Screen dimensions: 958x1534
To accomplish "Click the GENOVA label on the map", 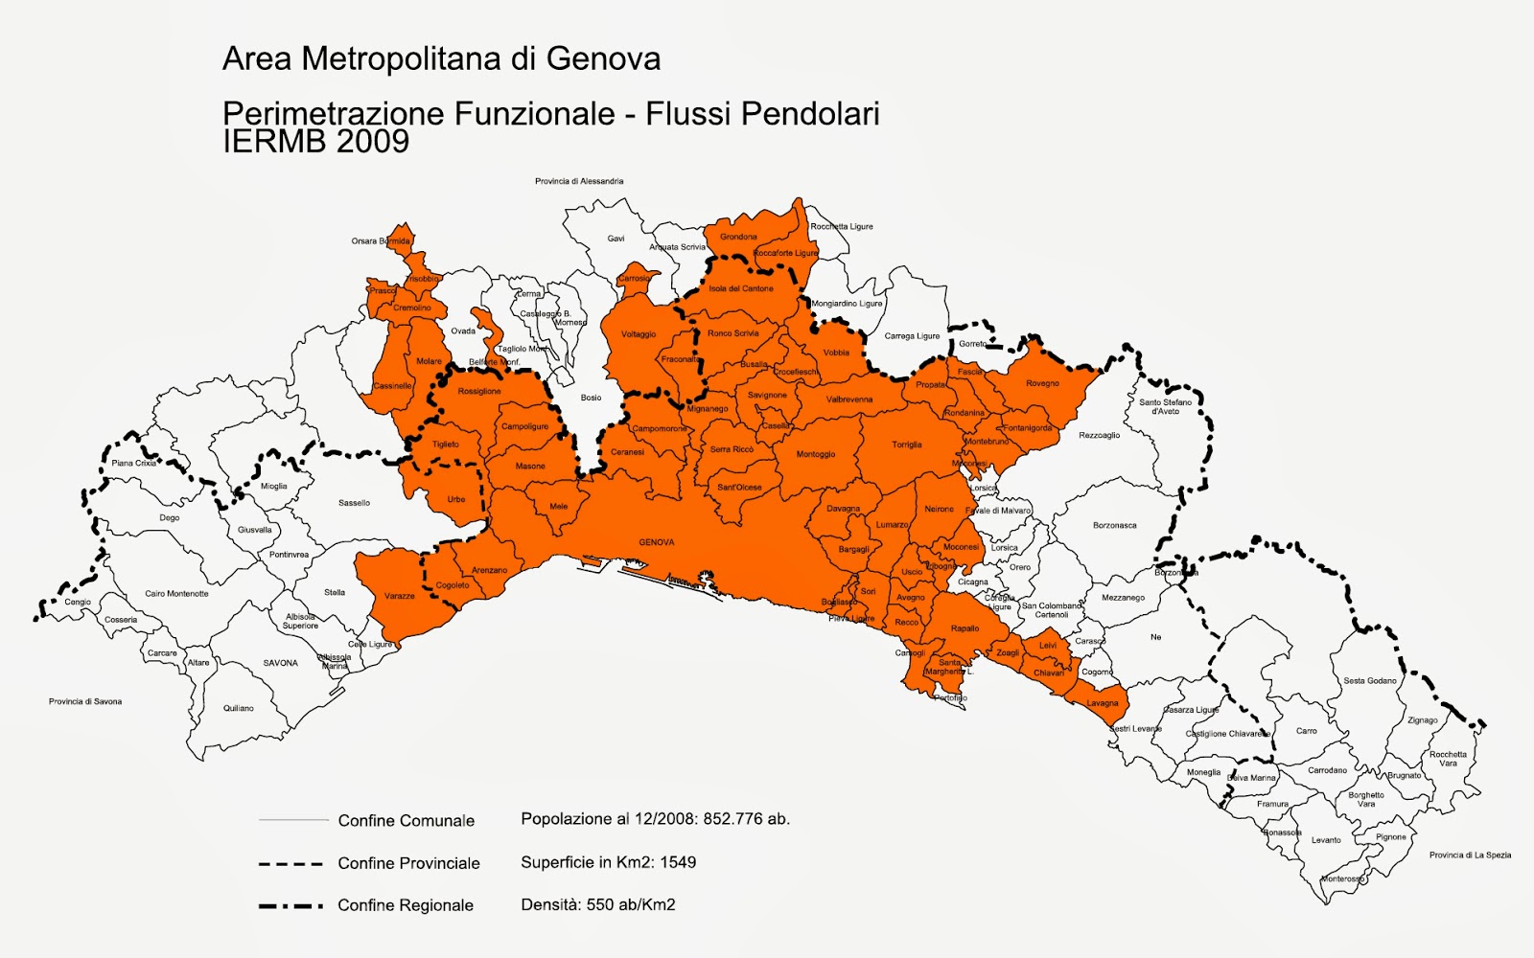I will click(x=657, y=542).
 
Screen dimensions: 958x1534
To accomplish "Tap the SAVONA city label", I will click(x=281, y=663).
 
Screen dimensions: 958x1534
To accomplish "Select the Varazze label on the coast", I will click(x=400, y=596).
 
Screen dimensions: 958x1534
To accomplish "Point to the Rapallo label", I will click(x=965, y=628).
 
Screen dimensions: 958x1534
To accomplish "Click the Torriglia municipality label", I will click(x=907, y=445).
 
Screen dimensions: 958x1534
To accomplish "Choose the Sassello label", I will click(x=354, y=503).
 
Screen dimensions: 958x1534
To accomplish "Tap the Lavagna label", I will click(x=1103, y=703).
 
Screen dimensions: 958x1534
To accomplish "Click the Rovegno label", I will click(x=1042, y=383).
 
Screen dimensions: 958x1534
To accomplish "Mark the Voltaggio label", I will click(x=639, y=334).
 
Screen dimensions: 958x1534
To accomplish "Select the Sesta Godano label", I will click(x=1370, y=681).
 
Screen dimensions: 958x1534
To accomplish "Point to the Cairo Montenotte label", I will click(x=176, y=594).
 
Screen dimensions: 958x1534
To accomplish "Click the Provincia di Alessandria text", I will click(x=579, y=181).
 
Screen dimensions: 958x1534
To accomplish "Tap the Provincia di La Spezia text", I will click(x=1470, y=855).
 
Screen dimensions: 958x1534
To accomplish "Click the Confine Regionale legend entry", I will click(x=406, y=905).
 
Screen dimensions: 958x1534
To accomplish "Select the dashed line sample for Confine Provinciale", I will click(x=291, y=863).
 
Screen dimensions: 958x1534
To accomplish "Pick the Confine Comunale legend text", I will click(x=407, y=821).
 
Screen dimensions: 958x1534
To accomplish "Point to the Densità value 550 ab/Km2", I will click(x=638, y=904).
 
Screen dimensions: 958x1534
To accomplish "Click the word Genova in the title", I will click(x=603, y=59).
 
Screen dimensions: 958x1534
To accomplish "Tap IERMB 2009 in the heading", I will click(x=316, y=142).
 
